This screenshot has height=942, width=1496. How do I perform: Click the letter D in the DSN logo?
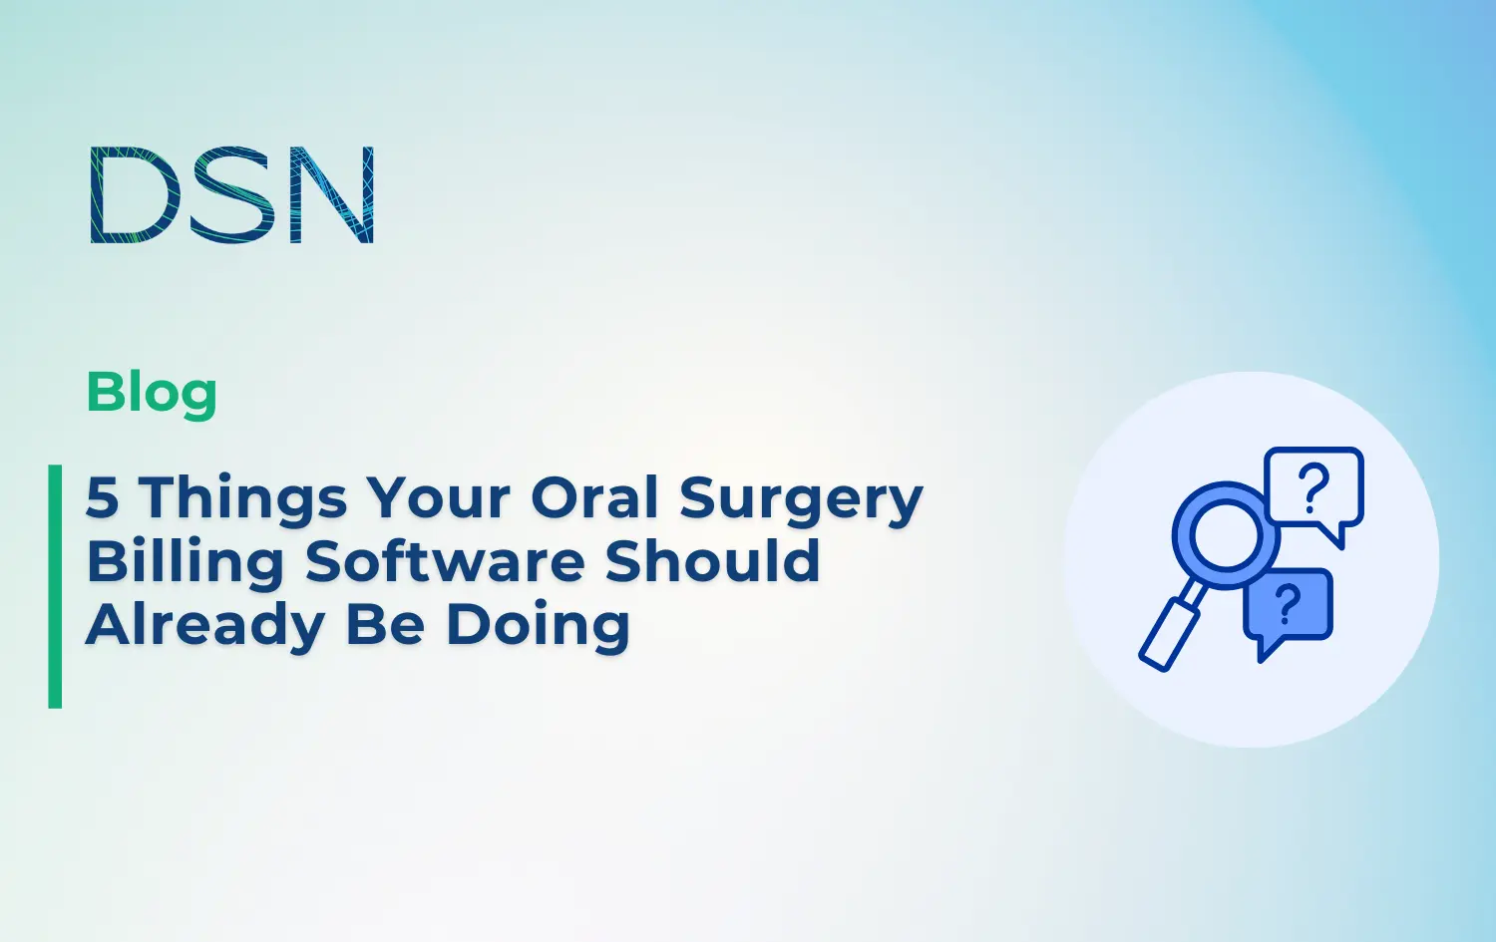[x=130, y=195]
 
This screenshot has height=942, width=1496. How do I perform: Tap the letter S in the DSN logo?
[x=232, y=195]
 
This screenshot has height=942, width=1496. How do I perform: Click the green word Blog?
[x=152, y=393]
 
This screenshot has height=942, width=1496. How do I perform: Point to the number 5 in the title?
[x=102, y=497]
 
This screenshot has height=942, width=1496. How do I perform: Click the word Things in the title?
[x=242, y=497]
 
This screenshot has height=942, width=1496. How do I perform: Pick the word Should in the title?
[x=712, y=561]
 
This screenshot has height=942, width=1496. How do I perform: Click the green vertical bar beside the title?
[x=55, y=586]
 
